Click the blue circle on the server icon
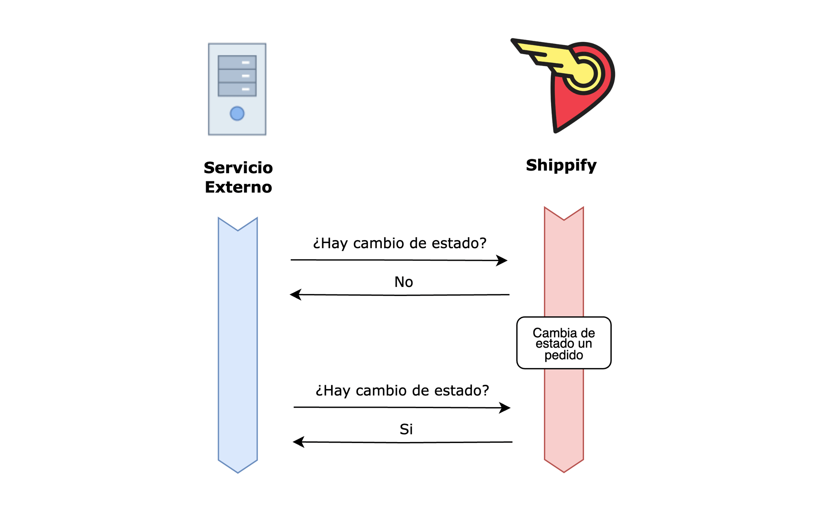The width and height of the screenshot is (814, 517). [237, 114]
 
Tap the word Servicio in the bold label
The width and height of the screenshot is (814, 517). [238, 168]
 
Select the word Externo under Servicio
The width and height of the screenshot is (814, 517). [238, 187]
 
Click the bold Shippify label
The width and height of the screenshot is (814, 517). [561, 165]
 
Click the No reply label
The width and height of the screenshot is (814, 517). [403, 282]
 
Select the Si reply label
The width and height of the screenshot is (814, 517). [406, 429]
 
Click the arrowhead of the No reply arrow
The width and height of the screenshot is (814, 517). [295, 294]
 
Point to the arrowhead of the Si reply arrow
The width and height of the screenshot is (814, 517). [299, 442]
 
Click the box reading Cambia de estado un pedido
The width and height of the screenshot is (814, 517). [564, 343]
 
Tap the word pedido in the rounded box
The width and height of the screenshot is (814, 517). [564, 355]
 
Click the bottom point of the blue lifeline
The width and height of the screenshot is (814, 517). [238, 472]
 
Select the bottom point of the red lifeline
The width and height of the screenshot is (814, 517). [564, 472]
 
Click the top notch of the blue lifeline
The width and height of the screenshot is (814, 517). [238, 230]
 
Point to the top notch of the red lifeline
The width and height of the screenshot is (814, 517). [564, 220]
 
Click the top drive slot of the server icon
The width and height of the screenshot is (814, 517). [237, 62]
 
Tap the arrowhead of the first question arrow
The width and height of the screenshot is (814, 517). [502, 260]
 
